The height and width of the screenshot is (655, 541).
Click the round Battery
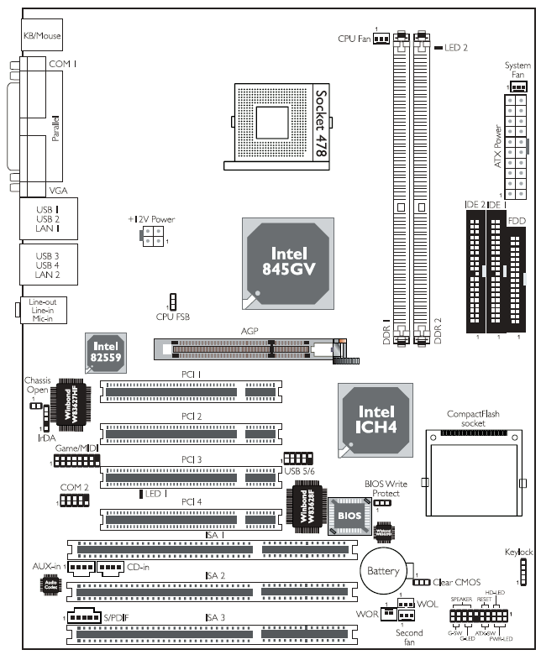pyautogui.click(x=383, y=571)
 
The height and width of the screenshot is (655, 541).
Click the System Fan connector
pyautogui.click(x=517, y=86)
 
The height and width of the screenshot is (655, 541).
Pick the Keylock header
pyautogui.click(x=521, y=572)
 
